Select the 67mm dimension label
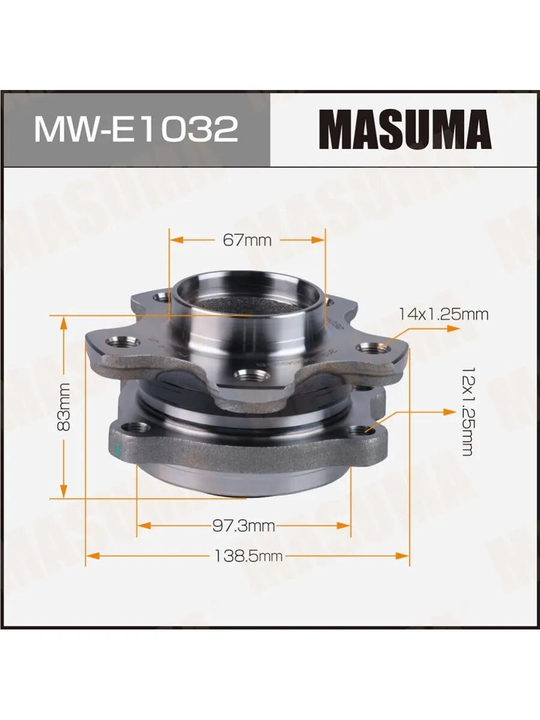[247, 241]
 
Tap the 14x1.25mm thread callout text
[443, 315]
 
